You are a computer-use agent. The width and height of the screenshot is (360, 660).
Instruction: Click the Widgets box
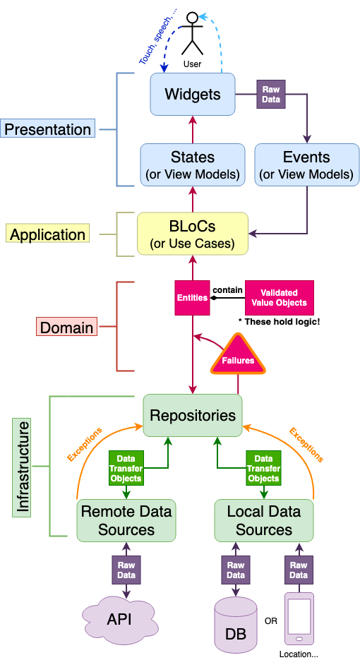(x=193, y=94)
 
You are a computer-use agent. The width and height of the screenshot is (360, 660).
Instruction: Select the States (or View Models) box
(x=193, y=164)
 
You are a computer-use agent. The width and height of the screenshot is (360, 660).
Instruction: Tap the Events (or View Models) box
(x=307, y=164)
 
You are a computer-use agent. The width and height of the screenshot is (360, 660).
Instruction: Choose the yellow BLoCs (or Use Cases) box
(x=193, y=234)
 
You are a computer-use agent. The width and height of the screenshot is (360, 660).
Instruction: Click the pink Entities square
(x=193, y=298)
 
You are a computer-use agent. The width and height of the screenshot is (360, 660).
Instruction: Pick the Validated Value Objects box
(x=279, y=298)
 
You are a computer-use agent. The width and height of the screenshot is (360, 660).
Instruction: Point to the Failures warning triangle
(x=239, y=356)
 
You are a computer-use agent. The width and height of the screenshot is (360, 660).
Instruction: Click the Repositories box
(x=193, y=416)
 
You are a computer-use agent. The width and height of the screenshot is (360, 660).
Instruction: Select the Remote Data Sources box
(x=126, y=520)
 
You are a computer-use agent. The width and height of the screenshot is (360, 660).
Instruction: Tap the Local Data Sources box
(x=264, y=520)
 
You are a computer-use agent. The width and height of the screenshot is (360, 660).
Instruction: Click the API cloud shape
(x=119, y=618)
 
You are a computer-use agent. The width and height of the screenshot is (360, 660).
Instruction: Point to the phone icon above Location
(x=299, y=618)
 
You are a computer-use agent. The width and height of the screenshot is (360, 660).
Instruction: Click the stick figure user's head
(x=193, y=17)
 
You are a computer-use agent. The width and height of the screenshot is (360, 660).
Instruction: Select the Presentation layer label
(x=47, y=128)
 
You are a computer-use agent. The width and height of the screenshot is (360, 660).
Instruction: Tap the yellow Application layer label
(x=47, y=234)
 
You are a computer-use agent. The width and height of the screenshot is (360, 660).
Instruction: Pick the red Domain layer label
(x=66, y=327)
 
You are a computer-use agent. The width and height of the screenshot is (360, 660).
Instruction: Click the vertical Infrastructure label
(x=21, y=467)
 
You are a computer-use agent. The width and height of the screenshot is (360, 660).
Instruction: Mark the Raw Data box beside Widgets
(x=271, y=95)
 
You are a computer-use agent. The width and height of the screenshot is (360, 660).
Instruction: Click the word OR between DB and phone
(x=271, y=621)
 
